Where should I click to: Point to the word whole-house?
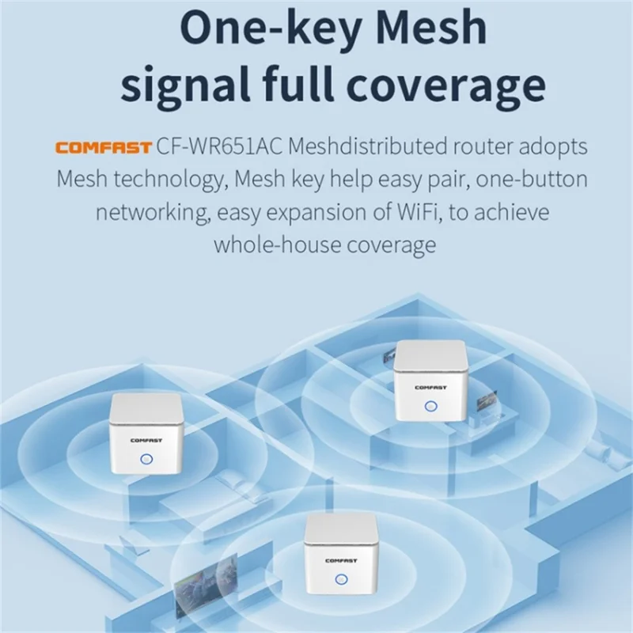[x=273, y=244]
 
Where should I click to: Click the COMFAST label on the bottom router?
[x=341, y=560]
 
